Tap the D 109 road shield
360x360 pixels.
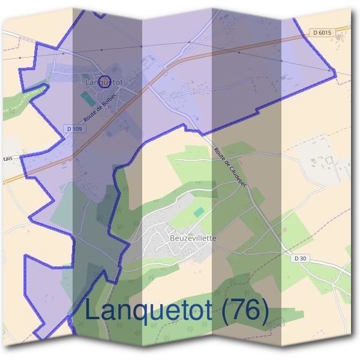73,128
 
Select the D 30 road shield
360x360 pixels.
301,258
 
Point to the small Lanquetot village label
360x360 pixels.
108,81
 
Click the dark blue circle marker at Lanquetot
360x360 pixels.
104,80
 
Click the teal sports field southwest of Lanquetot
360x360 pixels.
88,97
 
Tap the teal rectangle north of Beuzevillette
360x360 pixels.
199,212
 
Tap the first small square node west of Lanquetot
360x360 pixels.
54,52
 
